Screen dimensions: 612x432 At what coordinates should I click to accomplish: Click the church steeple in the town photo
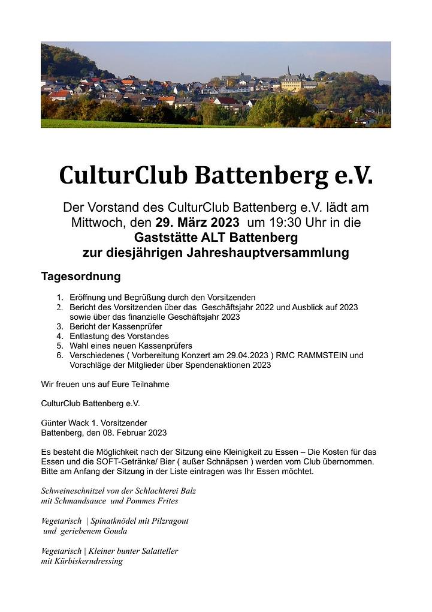pyautogui.click(x=288, y=70)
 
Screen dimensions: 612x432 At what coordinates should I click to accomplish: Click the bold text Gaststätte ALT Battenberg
pyautogui.click(x=216, y=238)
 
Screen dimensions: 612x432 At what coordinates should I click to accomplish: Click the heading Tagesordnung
pyautogui.click(x=81, y=277)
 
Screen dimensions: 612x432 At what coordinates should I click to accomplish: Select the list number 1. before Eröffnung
pyautogui.click(x=60, y=297)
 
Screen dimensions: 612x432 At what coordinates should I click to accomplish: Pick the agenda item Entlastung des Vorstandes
pyautogui.click(x=119, y=336)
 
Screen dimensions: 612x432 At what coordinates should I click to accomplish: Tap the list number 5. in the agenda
pyautogui.click(x=60, y=346)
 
